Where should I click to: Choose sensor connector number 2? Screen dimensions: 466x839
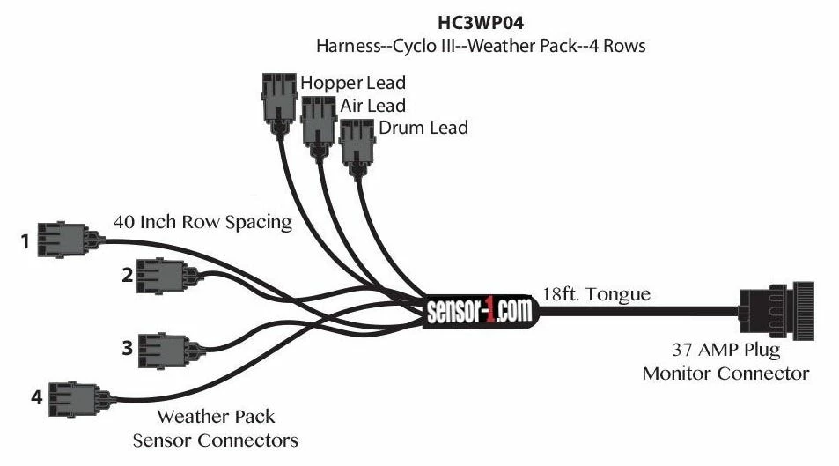pyautogui.click(x=162, y=275)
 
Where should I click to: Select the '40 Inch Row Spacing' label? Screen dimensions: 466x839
pyautogui.click(x=202, y=222)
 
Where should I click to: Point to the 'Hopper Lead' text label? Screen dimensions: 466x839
pyautogui.click(x=353, y=83)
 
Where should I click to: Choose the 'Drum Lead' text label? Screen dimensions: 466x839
pyautogui.click(x=423, y=128)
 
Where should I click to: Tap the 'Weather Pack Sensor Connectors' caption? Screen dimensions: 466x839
pyautogui.click(x=216, y=427)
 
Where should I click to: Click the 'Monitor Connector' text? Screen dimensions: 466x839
pyautogui.click(x=725, y=373)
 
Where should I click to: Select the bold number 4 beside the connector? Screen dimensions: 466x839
pyautogui.click(x=36, y=397)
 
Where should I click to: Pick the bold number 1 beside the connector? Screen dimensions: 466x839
pyautogui.click(x=27, y=238)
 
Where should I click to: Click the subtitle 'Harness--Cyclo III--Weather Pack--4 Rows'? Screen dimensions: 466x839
pyautogui.click(x=481, y=46)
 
